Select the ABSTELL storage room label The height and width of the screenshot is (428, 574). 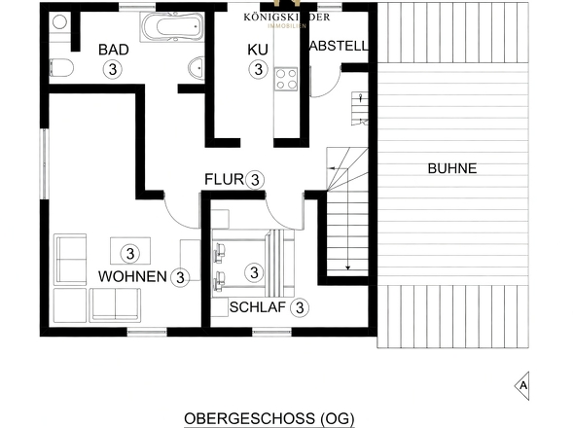[338, 46]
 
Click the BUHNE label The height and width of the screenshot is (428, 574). [451, 168]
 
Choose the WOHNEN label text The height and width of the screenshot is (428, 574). [131, 276]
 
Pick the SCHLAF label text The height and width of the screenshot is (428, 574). [257, 307]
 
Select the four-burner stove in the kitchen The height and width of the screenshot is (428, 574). [286, 78]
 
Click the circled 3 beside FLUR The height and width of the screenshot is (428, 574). [255, 179]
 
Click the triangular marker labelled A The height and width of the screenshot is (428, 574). [523, 384]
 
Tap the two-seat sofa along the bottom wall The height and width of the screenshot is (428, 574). [116, 306]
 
